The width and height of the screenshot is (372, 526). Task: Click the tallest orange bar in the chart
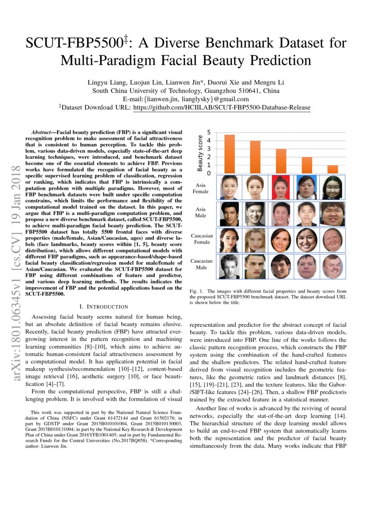[229, 154]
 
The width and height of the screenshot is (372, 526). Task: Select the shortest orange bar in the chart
[332, 169]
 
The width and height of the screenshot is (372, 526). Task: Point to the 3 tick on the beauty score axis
[209, 149]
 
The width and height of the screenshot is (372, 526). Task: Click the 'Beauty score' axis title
[200, 153]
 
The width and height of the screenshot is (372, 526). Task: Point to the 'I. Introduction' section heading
[103, 306]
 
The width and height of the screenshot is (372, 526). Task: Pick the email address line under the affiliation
[186, 99]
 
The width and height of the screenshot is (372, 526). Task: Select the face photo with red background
[281, 187]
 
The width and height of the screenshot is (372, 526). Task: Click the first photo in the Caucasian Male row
[229, 267]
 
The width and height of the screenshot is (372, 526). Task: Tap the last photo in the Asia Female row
[332, 187]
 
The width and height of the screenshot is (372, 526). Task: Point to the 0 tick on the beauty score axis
[209, 173]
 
